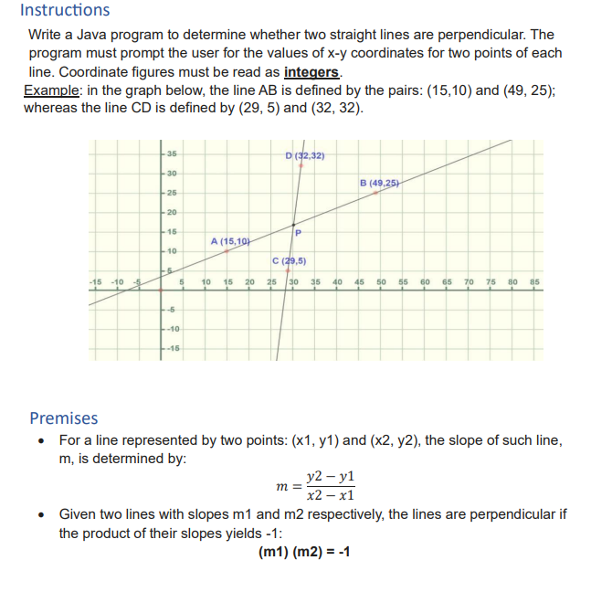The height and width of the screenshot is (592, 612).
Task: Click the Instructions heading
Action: click(x=64, y=11)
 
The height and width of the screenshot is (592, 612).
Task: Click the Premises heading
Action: click(x=63, y=418)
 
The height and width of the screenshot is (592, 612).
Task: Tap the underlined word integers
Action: click(x=311, y=73)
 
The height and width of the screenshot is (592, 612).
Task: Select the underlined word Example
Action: click(x=50, y=90)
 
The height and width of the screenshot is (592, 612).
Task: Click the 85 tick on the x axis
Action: click(x=535, y=281)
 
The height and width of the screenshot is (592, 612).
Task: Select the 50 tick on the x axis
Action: click(x=381, y=281)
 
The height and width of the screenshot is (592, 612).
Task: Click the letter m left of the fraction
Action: click(x=280, y=486)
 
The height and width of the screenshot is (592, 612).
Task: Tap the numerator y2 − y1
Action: click(x=332, y=477)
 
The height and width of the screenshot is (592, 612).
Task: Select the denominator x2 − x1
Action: click(x=332, y=496)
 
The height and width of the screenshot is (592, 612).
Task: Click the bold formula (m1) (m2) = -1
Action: click(x=305, y=553)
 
